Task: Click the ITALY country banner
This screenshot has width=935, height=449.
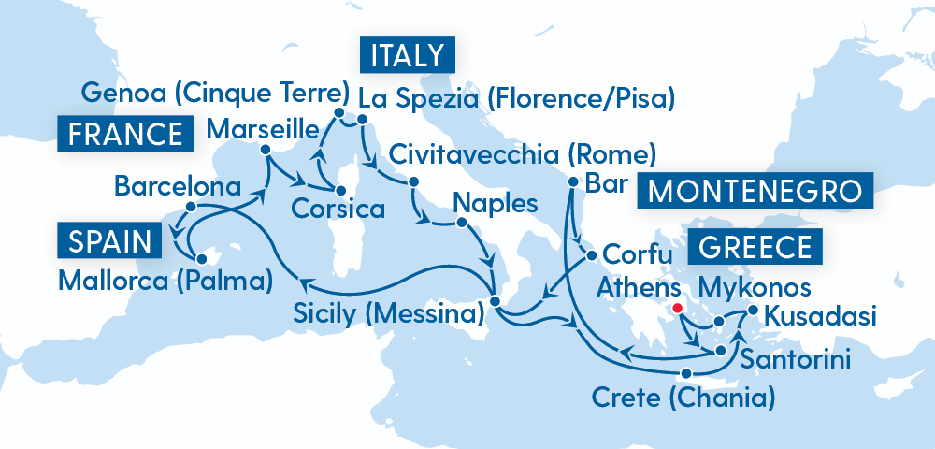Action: pos(407,56)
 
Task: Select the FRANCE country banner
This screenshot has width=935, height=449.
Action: pos(125,133)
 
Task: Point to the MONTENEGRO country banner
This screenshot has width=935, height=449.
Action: pos(755,192)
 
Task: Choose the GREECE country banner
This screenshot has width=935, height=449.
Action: pos(755,248)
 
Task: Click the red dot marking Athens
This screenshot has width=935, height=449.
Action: pos(677,306)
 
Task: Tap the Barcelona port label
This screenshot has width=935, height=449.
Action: pos(177,185)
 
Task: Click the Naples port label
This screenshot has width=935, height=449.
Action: pos(495,203)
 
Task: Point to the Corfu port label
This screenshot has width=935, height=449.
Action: pos(638,253)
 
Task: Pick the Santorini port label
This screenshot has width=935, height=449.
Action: pos(795,359)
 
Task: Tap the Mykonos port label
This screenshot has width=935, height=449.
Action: pos(756,286)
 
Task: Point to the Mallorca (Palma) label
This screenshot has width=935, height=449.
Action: pos(165,278)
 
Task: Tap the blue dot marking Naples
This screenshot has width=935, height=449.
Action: pos(460,223)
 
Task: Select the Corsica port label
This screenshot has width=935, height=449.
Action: pos(337,207)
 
